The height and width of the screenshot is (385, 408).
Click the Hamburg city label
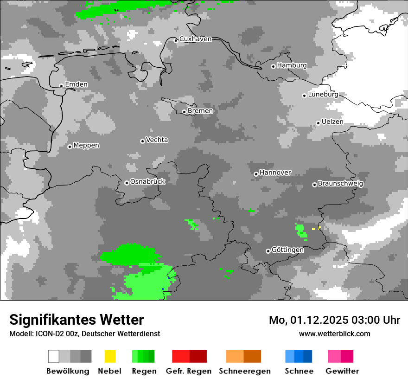click(x=292, y=65)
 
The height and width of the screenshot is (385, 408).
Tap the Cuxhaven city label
click(x=195, y=39)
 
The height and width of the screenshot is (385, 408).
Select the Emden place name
click(x=76, y=84)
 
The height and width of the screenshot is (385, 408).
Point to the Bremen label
click(x=200, y=111)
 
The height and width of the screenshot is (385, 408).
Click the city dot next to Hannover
click(x=256, y=174)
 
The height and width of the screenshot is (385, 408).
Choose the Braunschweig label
click(x=340, y=183)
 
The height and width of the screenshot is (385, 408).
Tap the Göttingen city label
click(x=287, y=250)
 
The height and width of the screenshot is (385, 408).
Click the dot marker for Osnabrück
click(x=127, y=183)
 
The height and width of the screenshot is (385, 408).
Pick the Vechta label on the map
click(x=157, y=140)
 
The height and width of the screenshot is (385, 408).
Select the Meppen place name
click(x=86, y=145)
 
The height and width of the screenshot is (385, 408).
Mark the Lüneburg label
click(x=323, y=94)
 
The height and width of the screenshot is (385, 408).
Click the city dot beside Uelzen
click(x=318, y=123)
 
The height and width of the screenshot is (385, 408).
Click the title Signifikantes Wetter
click(x=76, y=320)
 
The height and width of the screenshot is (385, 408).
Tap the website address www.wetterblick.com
click(x=334, y=334)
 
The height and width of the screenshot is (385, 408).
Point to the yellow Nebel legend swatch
click(x=110, y=356)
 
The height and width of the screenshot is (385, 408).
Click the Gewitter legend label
click(x=342, y=371)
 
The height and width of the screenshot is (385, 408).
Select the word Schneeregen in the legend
click(x=244, y=371)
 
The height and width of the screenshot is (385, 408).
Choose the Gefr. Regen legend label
click(x=189, y=371)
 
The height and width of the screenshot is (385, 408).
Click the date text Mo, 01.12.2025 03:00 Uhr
click(x=334, y=320)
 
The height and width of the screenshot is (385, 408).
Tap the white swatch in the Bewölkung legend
click(x=54, y=356)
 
